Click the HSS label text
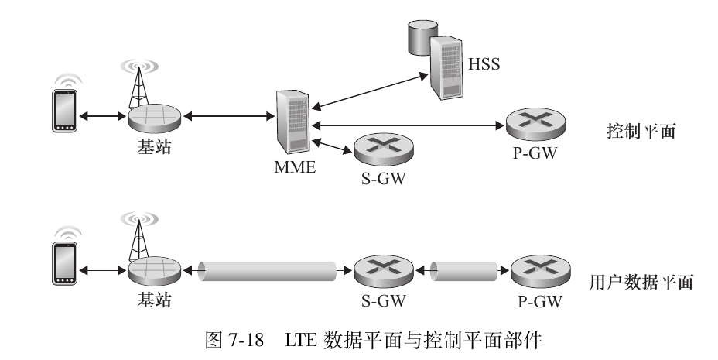coord(484,63)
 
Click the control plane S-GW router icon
coord(380,149)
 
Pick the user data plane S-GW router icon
coord(380,272)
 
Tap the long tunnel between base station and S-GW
coord(267,272)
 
